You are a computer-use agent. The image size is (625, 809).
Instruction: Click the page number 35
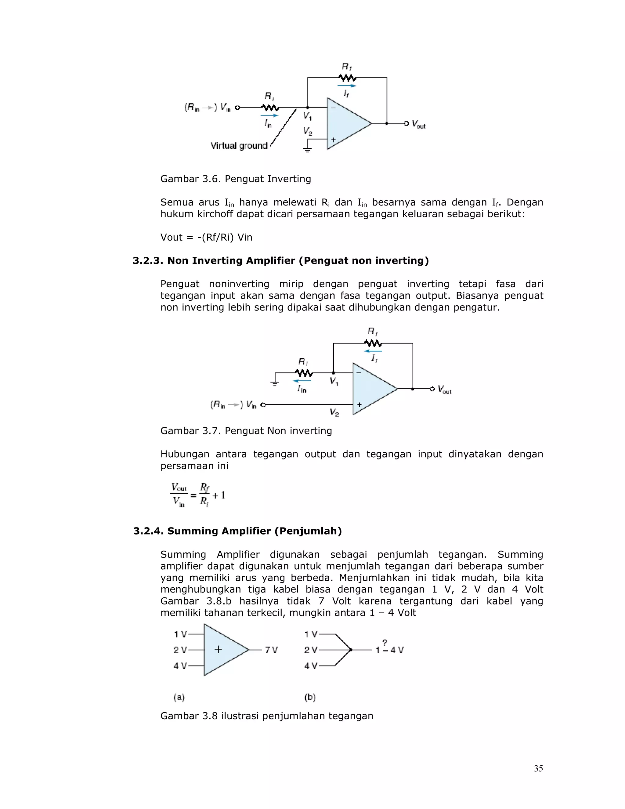pos(538,768)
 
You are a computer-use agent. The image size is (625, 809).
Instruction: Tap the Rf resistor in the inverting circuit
pos(347,78)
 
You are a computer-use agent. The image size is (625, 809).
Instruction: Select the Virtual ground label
pos(239,146)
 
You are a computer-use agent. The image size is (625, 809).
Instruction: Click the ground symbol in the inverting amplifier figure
pos(307,150)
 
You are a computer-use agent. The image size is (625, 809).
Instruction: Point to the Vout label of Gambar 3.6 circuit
pos(418,124)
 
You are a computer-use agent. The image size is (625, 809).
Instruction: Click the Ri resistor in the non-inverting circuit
pos(304,373)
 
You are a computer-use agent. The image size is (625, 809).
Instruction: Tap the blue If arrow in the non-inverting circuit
pos(373,351)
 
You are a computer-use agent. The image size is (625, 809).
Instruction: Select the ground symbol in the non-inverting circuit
pos(275,383)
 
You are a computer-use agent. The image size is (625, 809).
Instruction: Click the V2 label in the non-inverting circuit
pos(334,412)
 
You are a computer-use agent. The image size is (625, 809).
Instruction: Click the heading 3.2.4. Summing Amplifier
pos(237,531)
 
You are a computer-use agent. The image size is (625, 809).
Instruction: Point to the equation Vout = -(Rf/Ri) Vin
pos(206,237)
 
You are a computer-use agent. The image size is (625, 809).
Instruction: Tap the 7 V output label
pos(271,650)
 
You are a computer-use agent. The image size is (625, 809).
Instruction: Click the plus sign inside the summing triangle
pos(219,649)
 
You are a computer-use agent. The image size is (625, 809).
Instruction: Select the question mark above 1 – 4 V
pos(385,642)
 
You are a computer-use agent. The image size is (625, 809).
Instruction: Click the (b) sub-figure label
pos(310,697)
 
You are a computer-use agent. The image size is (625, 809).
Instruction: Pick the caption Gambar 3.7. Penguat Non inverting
pos(246,430)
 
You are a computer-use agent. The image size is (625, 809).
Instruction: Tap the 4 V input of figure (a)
pos(180,666)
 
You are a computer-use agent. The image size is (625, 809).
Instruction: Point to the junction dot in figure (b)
pos(351,649)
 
